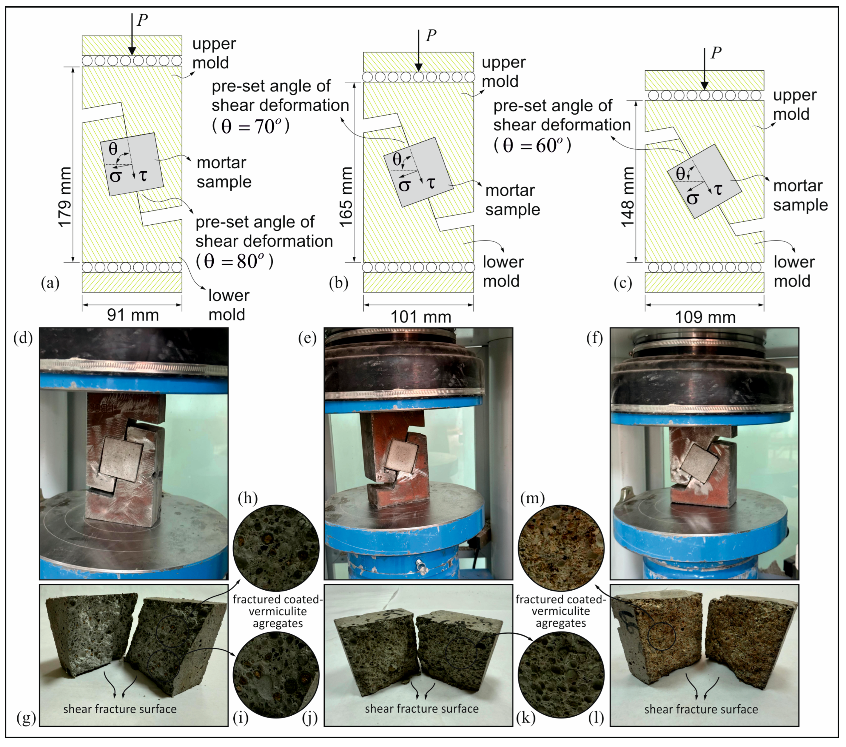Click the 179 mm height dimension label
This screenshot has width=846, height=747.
point(65,197)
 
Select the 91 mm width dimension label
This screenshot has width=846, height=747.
point(133,315)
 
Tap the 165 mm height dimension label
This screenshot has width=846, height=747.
point(346,197)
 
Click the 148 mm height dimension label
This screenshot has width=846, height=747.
point(628,197)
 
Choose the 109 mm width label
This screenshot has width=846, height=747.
point(705,318)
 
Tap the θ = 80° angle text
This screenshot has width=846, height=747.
point(235,261)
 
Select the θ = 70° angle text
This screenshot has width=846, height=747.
point(251,126)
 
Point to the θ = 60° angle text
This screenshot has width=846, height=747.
point(532,145)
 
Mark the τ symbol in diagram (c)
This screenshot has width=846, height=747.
point(718,189)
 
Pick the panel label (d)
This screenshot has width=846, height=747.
point(23,338)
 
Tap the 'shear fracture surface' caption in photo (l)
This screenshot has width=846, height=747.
point(701,709)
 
